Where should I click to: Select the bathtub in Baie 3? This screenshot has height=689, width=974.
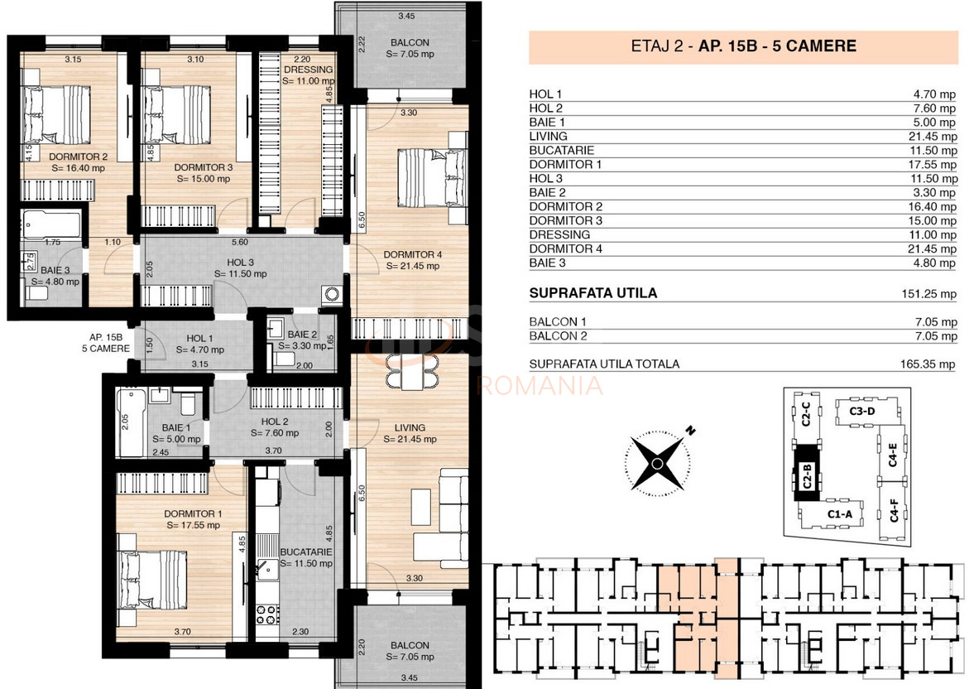coord(51,224)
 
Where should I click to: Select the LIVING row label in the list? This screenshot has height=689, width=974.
coord(548,137)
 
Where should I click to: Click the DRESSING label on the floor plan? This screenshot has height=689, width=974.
coord(309,70)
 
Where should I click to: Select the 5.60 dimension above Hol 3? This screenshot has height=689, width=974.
coord(241,243)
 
